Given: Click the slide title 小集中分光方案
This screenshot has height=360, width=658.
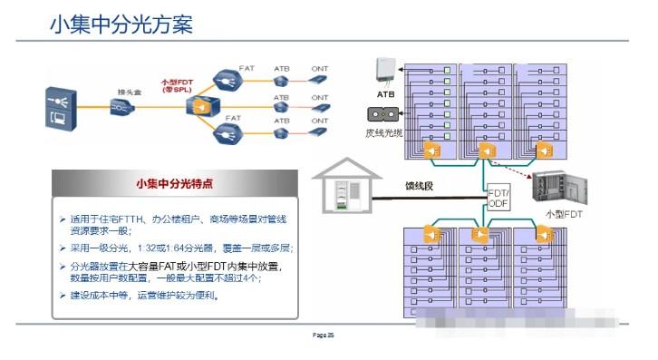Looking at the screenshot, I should point(121,24).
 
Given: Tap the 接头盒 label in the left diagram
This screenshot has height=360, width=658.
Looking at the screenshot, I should point(128,92).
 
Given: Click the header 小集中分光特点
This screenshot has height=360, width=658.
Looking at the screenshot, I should point(174,183).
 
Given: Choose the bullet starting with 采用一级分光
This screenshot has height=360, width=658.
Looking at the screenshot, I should point(172,248).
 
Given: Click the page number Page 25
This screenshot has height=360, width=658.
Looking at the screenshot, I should point(324,336).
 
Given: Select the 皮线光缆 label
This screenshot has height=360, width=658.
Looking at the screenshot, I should point(383,132).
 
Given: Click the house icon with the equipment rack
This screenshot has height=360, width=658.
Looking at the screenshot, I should point(347,188).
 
